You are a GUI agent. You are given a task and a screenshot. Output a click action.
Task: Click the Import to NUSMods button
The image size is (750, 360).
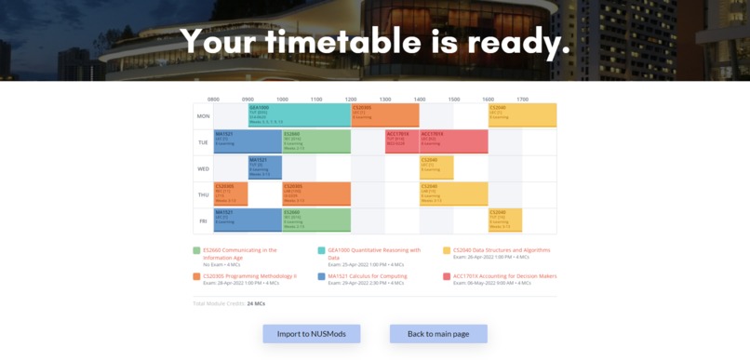tap(311, 334)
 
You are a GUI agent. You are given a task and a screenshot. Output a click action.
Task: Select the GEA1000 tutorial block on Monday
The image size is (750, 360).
tap(299, 115)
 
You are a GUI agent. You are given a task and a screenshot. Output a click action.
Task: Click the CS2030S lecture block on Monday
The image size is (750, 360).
tap(384, 115)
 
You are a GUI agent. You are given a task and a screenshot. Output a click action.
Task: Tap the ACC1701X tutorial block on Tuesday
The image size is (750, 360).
tap(401, 141)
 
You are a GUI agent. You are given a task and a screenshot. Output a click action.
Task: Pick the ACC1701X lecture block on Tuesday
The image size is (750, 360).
tap(453, 141)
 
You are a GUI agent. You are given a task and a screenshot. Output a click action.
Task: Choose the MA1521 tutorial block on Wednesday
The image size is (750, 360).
tap(264, 167)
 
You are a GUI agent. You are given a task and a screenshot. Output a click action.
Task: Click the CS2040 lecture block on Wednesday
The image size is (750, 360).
tap(435, 167)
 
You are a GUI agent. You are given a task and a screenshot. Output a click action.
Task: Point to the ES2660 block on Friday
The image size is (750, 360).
tap(316, 220)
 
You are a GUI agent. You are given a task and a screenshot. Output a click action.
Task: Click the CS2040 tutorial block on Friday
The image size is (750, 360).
tap(504, 220)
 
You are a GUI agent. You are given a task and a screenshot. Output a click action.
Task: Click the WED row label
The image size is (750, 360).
tap(203, 168)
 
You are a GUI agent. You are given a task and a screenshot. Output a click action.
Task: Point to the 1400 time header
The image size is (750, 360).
tap(420, 100)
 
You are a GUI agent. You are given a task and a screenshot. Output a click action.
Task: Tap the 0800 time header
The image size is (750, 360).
tap(213, 100)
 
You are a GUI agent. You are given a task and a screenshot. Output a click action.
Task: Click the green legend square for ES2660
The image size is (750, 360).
tap(197, 250)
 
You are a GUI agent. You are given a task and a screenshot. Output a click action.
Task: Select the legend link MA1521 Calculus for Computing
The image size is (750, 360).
tap(367, 276)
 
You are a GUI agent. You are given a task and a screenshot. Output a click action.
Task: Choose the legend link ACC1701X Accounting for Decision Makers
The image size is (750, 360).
tap(504, 276)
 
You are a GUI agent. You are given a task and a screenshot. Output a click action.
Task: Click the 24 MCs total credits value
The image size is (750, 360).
tap(256, 303)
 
